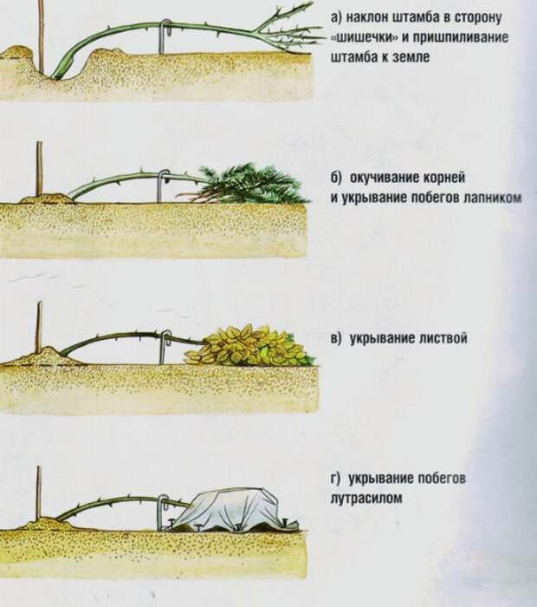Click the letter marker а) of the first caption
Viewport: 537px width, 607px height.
(336, 17)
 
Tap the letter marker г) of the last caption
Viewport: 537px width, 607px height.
(336, 479)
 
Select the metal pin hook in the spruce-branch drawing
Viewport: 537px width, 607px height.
(162, 185)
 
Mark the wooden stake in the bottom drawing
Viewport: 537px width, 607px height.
(39, 494)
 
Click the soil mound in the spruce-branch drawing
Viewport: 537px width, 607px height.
(48, 199)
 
